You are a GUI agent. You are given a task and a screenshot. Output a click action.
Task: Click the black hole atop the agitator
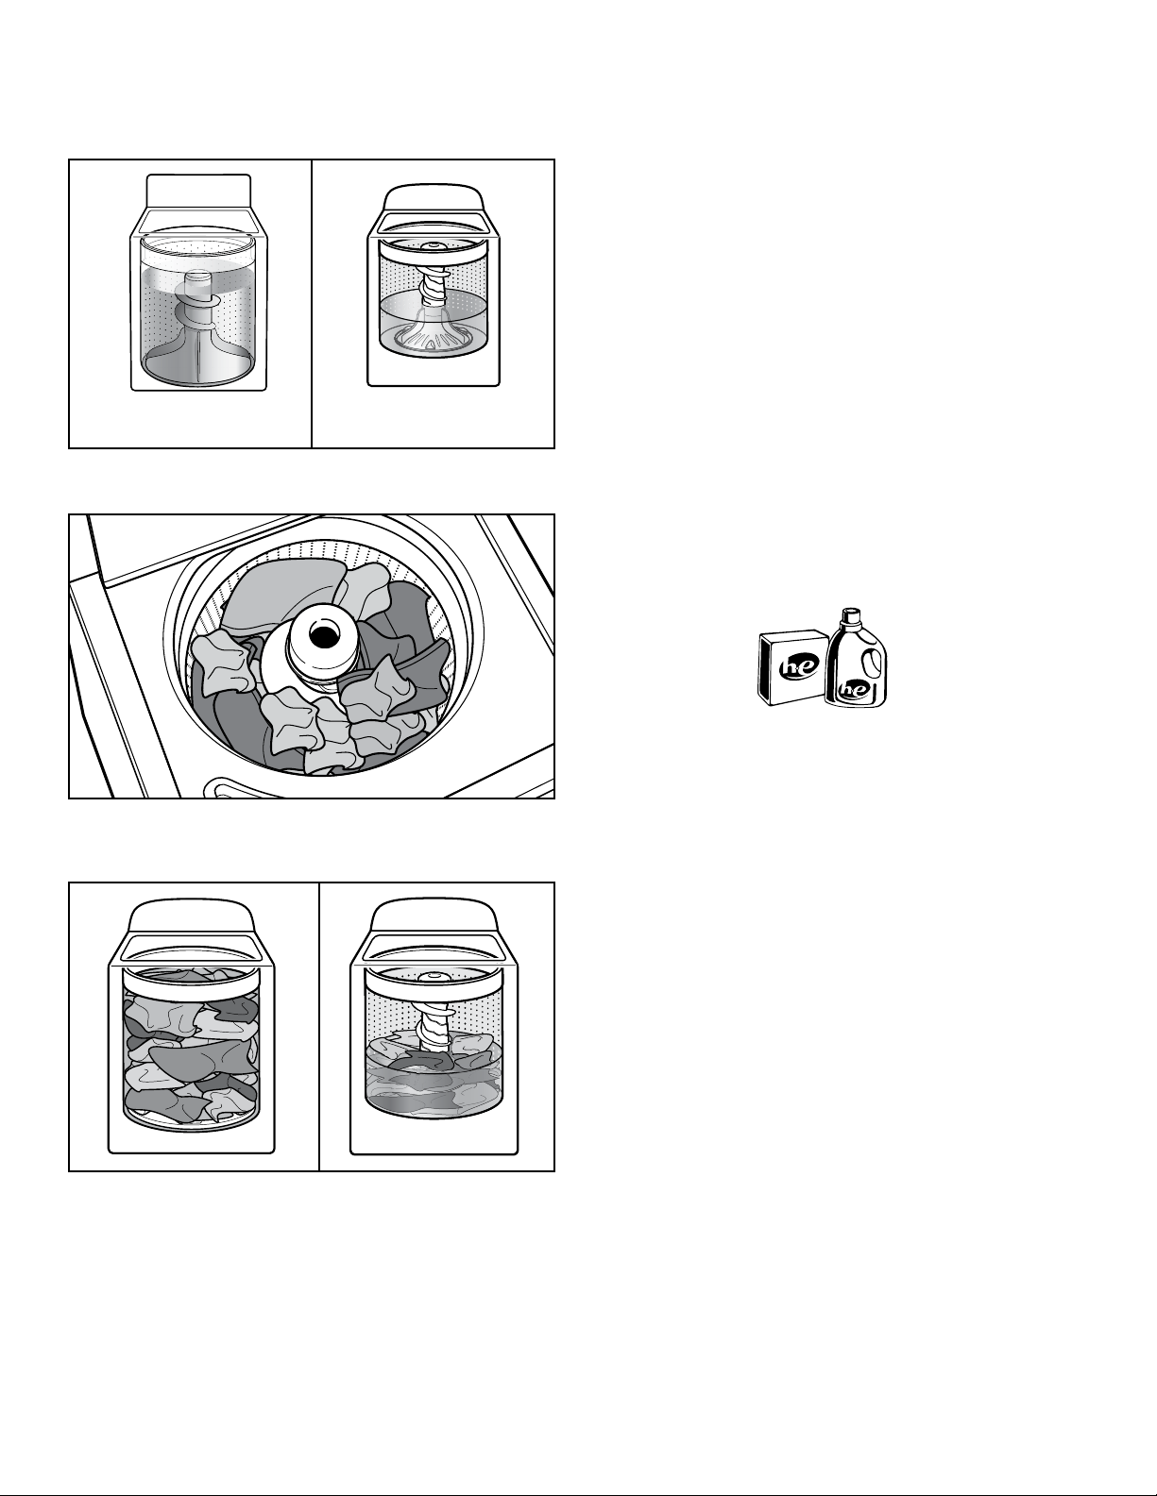(321, 635)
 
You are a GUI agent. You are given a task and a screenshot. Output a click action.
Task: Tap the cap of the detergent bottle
(852, 614)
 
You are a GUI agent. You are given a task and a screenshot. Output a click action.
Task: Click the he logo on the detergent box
(793, 667)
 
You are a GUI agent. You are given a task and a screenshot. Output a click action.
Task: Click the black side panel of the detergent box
(763, 668)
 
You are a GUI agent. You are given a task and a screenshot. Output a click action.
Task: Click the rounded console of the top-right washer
(434, 197)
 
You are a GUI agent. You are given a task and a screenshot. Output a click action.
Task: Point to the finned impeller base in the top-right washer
(434, 335)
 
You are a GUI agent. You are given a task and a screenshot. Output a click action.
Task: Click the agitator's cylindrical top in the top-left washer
(199, 283)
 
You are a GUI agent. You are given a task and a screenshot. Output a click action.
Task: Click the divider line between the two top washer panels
(312, 304)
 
